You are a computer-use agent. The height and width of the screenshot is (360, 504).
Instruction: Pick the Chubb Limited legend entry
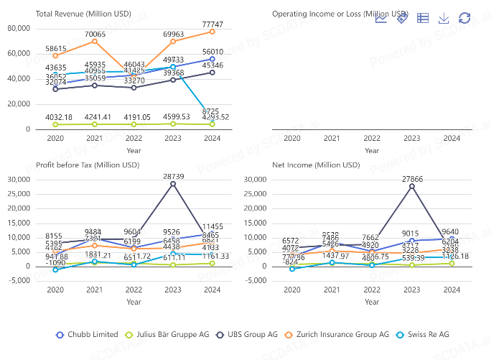(x=86, y=334)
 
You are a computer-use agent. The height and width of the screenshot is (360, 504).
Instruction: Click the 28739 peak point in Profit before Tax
(x=173, y=184)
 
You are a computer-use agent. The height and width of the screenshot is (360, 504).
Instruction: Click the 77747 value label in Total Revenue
(x=212, y=24)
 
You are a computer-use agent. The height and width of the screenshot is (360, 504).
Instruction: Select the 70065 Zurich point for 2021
(x=94, y=41)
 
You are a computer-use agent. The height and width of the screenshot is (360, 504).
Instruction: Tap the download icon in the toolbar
(x=444, y=18)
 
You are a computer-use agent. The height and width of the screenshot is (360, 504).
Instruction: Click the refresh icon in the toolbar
(x=465, y=18)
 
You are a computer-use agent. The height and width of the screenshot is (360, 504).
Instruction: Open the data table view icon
(x=423, y=18)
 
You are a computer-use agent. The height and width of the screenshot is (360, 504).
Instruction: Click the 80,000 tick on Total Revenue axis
(x=19, y=28)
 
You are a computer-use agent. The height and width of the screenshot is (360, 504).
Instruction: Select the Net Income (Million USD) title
(x=316, y=165)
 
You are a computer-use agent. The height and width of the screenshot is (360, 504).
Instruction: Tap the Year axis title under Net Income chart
(x=371, y=302)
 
